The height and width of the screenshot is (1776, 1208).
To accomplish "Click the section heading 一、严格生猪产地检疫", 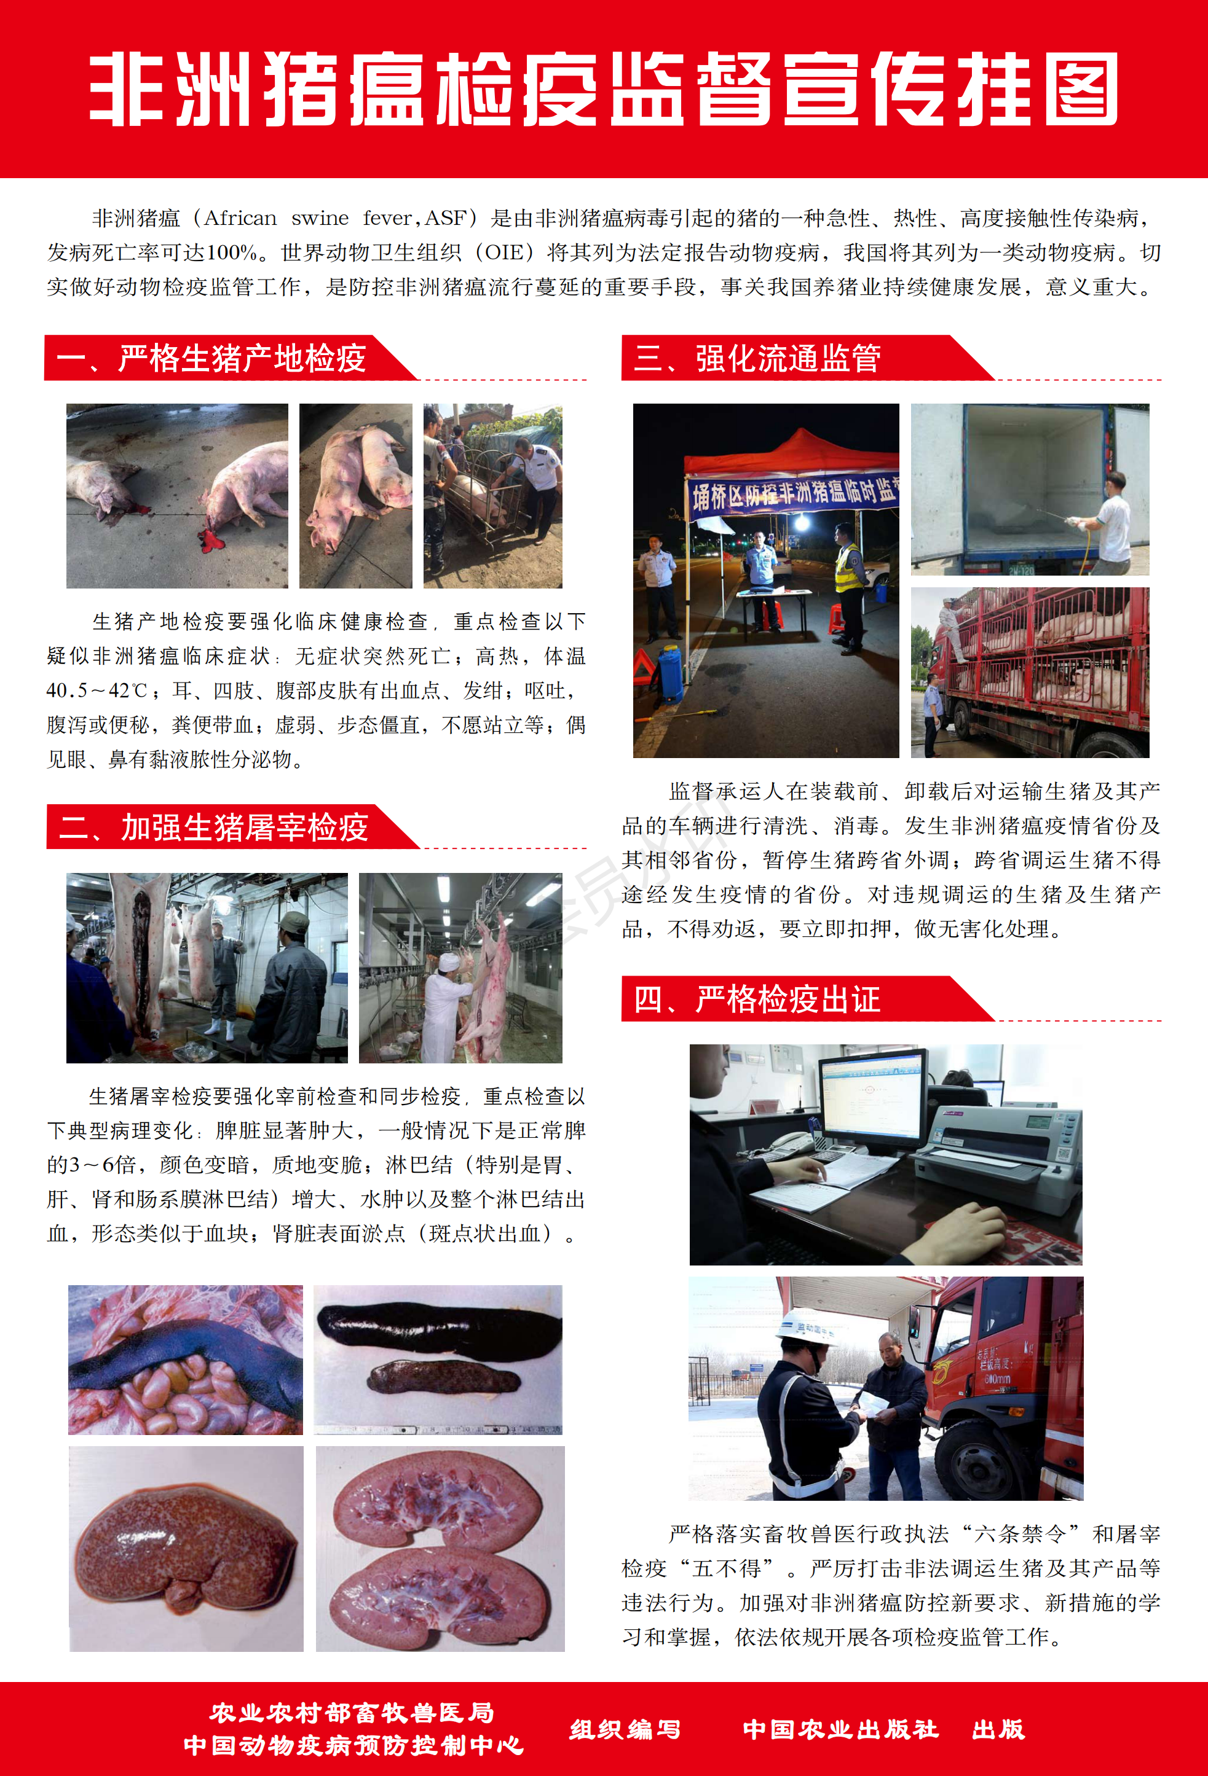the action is tap(211, 358).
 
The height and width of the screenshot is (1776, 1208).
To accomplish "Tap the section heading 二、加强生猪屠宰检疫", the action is tap(214, 827).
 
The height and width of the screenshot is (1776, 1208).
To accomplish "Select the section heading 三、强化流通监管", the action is tap(757, 358).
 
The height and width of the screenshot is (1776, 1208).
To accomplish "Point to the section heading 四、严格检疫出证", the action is tap(757, 999).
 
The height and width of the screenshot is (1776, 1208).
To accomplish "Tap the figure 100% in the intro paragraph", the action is tap(232, 253).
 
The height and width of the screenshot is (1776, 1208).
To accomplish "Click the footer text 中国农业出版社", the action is tap(840, 1729).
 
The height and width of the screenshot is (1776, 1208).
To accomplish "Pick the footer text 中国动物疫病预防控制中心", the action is tap(353, 1745).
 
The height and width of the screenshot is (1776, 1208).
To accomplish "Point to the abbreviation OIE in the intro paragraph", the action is tap(504, 253).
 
